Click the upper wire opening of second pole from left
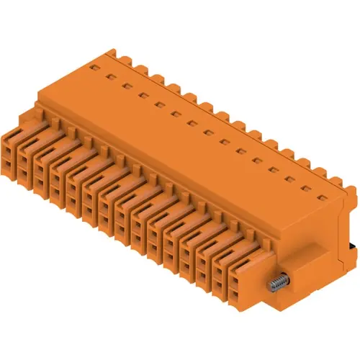tap(25, 161)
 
